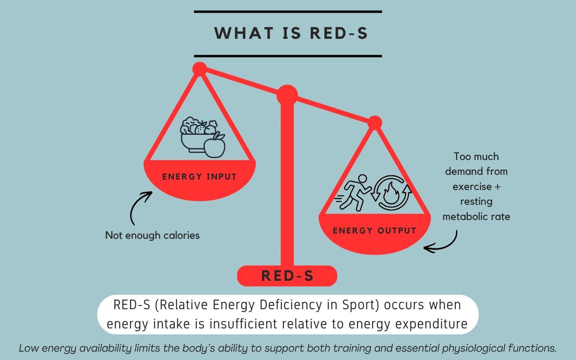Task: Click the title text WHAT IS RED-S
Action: point(291,33)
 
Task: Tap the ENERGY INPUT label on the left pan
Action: point(199,177)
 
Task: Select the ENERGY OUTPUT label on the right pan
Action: point(374,231)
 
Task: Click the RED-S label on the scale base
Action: point(287,276)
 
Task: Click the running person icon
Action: point(354,193)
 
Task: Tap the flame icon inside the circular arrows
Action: point(391,193)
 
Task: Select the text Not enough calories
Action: point(152,235)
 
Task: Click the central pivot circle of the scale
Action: point(287,95)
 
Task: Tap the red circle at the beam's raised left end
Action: point(200,69)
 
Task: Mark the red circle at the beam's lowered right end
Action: point(375,123)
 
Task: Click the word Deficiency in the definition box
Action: point(291,305)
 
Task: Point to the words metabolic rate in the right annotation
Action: point(476,216)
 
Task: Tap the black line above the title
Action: point(288,12)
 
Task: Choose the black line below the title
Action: point(288,56)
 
